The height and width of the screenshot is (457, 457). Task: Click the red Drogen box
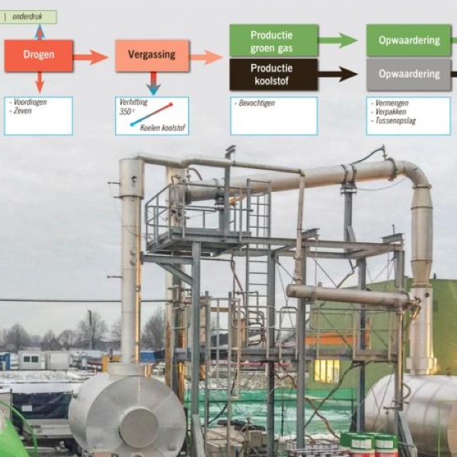39,56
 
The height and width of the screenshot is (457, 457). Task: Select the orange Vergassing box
152,56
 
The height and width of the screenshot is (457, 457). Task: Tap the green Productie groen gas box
273,40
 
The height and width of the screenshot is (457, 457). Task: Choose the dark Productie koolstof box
273,74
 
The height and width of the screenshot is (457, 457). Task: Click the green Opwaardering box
408,40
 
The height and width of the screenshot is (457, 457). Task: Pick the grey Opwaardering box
408,74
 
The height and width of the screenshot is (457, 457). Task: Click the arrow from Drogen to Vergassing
91,56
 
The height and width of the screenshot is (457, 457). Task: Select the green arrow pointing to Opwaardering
337,40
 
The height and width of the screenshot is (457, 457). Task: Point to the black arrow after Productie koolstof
337,74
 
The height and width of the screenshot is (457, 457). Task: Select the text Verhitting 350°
132,106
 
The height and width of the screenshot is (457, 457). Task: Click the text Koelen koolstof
162,126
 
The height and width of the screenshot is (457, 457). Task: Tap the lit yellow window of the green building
326,371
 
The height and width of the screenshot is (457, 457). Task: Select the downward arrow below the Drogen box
39,82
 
